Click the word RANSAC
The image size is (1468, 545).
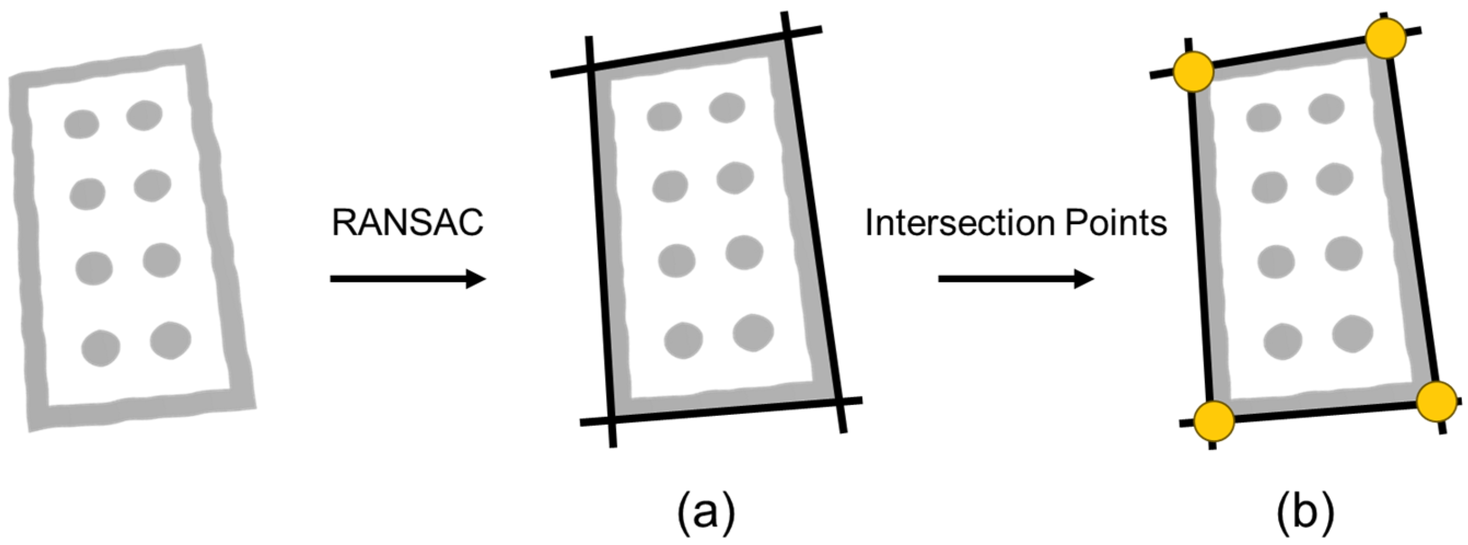[x=407, y=223]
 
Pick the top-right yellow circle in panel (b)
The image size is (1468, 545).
[x=1385, y=38]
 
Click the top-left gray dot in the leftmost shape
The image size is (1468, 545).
[x=81, y=124]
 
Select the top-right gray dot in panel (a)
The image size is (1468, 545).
[x=727, y=108]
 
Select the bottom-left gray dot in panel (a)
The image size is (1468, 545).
[x=683, y=341]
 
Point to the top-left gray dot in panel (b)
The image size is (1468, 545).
[x=1264, y=119]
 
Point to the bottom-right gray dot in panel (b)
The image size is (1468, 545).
[x=1352, y=333]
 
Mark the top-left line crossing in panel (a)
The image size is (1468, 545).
[x=591, y=69]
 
